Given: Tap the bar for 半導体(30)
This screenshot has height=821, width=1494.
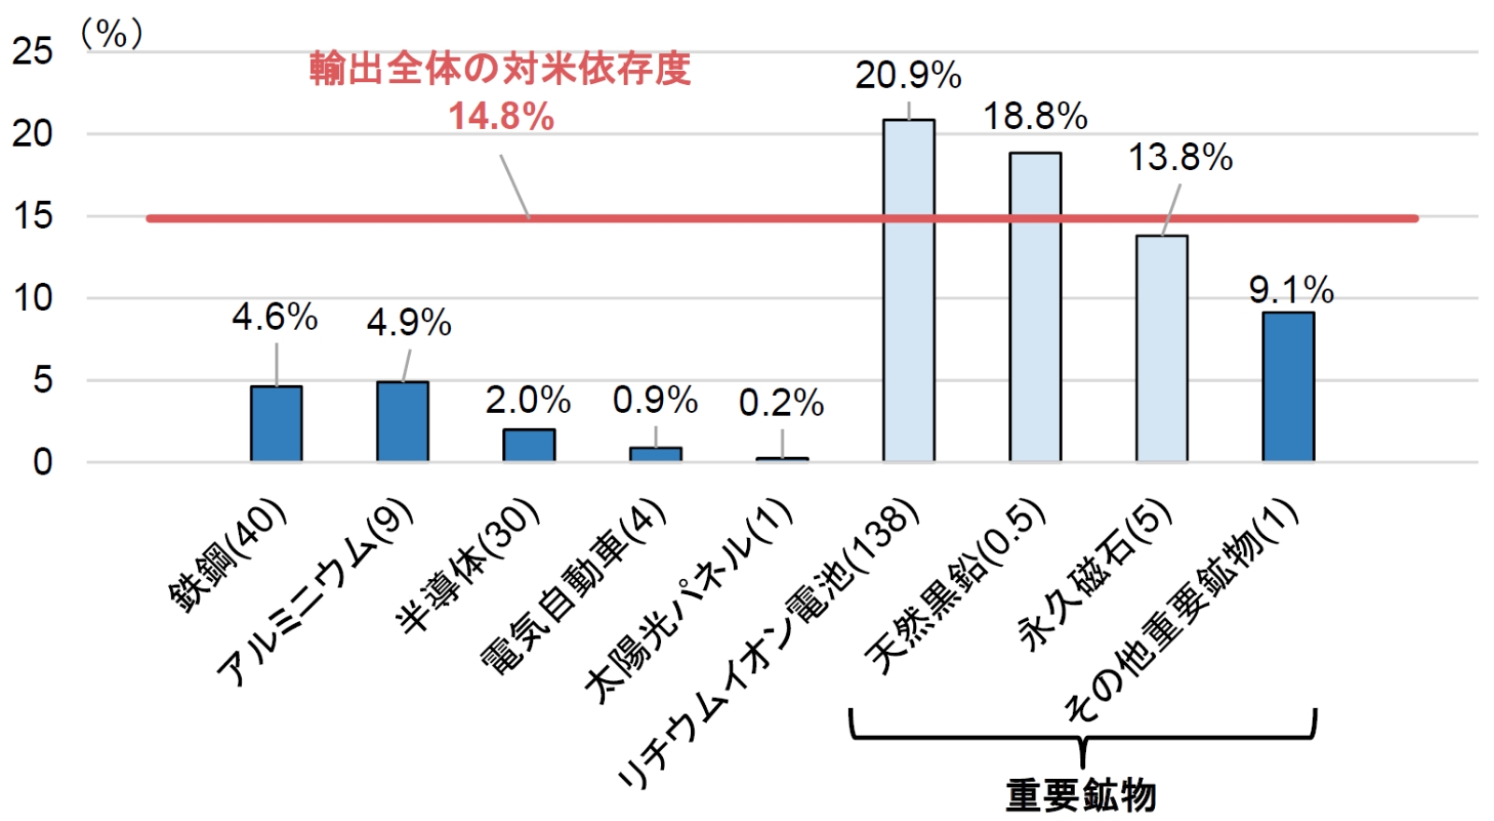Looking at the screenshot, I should coord(529,445).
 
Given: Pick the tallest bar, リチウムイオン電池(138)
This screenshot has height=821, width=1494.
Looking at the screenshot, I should coord(909,290).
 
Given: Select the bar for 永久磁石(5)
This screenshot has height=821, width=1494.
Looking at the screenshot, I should coord(1162,347).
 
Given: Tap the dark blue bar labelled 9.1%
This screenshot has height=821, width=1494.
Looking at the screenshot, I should coord(1288,386).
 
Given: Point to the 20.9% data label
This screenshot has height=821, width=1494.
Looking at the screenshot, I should coord(908,76).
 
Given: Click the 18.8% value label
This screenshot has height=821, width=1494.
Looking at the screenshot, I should coord(1035,117).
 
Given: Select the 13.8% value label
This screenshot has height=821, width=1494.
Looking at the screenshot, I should coord(1180,158).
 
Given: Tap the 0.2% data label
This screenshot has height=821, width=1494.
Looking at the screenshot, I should coord(781,403).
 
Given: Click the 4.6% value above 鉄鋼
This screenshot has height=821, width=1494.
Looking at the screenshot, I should coord(275,318).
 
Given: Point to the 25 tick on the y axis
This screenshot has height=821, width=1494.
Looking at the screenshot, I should coord(33,51).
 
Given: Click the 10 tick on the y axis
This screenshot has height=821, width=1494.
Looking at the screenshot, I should coord(33,299).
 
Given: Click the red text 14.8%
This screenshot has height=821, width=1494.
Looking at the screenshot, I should coord(501,117).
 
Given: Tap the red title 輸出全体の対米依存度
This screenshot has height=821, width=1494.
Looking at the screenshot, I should coord(500,69).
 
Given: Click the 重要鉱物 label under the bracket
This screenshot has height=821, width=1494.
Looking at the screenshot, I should coord(1080,796).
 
